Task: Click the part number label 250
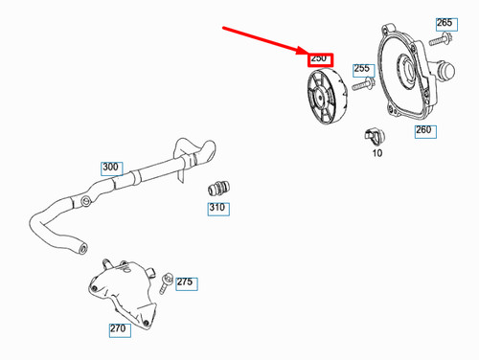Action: pos(319,59)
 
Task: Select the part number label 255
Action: pos(361,69)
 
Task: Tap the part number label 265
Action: pos(445,22)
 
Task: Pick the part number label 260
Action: pos(422,130)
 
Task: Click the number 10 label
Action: pos(376,153)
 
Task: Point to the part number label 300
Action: pos(110,168)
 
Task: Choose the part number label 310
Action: pos(217,208)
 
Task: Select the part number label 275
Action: pos(185,282)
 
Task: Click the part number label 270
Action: pos(118,328)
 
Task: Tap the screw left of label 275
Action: pos(167,281)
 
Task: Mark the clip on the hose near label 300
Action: pos(88,201)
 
